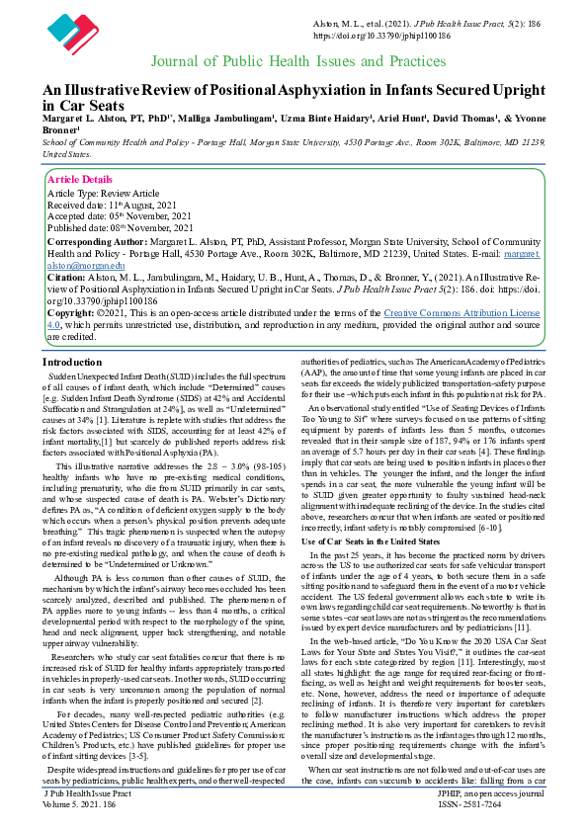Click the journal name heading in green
click(297, 61)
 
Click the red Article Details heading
click(80, 179)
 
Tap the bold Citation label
click(68, 281)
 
